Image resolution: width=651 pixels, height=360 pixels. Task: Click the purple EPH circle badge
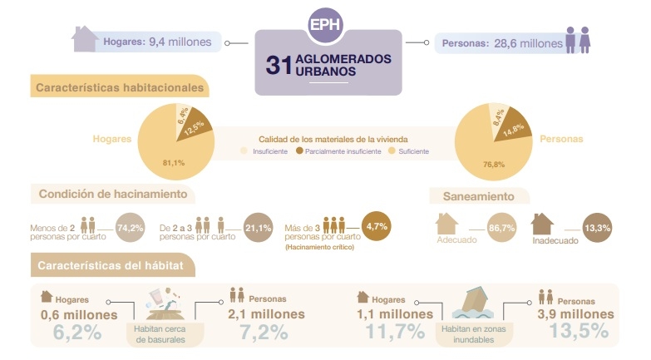click(326, 25)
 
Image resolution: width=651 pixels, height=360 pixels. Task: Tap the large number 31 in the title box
click(279, 65)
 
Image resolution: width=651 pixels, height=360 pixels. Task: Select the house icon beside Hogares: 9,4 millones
click(85, 38)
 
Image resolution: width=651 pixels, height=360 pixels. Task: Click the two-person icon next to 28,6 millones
click(579, 40)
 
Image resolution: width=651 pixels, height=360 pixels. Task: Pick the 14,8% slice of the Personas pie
click(513, 126)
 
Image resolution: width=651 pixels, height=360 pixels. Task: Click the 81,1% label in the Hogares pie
click(174, 163)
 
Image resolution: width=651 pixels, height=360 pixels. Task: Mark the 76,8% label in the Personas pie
click(494, 165)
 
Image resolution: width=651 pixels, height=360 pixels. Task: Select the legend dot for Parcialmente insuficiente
click(299, 150)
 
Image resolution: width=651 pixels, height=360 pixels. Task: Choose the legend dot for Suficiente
click(392, 150)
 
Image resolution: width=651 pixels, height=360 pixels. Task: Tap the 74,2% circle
click(131, 228)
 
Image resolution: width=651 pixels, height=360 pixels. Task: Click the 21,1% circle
click(259, 228)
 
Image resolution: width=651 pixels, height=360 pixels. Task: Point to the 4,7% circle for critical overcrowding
click(377, 226)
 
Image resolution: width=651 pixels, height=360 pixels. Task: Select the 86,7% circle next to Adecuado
click(501, 228)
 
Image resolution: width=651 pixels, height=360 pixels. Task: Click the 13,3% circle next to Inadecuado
click(598, 228)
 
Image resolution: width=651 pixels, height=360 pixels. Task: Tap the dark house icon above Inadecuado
click(542, 224)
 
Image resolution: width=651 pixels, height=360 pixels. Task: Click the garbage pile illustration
click(165, 303)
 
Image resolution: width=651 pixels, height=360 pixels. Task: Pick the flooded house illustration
click(473, 303)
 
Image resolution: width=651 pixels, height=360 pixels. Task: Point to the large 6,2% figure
click(77, 333)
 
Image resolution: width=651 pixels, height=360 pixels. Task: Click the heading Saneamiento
click(478, 196)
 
